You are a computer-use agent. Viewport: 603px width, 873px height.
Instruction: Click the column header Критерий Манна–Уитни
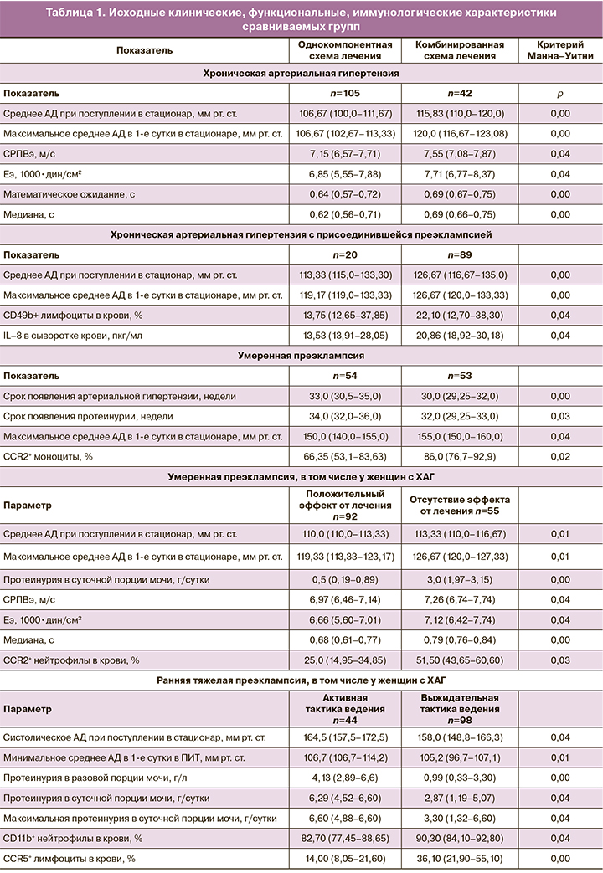559,49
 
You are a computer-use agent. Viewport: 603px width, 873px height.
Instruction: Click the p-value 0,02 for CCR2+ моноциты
559,456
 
